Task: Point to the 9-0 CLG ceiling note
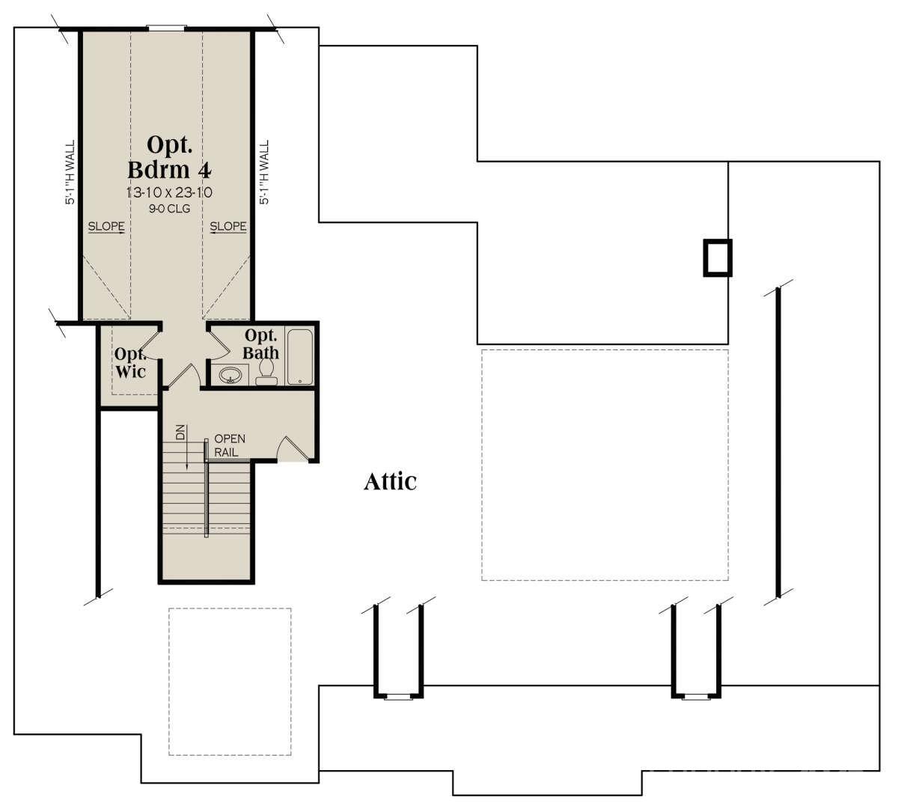tap(168, 209)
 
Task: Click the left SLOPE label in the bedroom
tap(106, 226)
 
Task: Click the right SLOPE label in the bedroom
tap(228, 226)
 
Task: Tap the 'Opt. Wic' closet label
tap(129, 362)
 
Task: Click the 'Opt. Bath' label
tap(262, 344)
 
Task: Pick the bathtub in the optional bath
tap(301, 357)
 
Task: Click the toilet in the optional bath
tap(266, 371)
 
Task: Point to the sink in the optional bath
tap(230, 374)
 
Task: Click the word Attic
tap(390, 481)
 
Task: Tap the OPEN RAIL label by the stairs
tap(229, 445)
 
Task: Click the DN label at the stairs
tap(180, 433)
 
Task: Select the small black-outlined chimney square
tap(717, 258)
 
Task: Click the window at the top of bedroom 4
tap(166, 28)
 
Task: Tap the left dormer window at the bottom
tap(398, 697)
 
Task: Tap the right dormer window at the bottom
tap(697, 697)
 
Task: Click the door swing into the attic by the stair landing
tap(292, 449)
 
